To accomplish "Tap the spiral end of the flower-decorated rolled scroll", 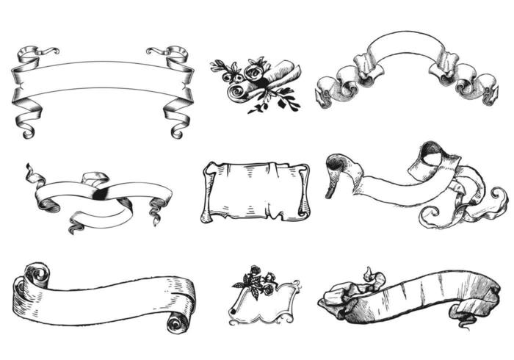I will coord(236,91).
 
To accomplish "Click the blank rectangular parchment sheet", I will coord(255,191).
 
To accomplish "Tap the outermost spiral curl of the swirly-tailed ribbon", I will coord(496,197).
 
